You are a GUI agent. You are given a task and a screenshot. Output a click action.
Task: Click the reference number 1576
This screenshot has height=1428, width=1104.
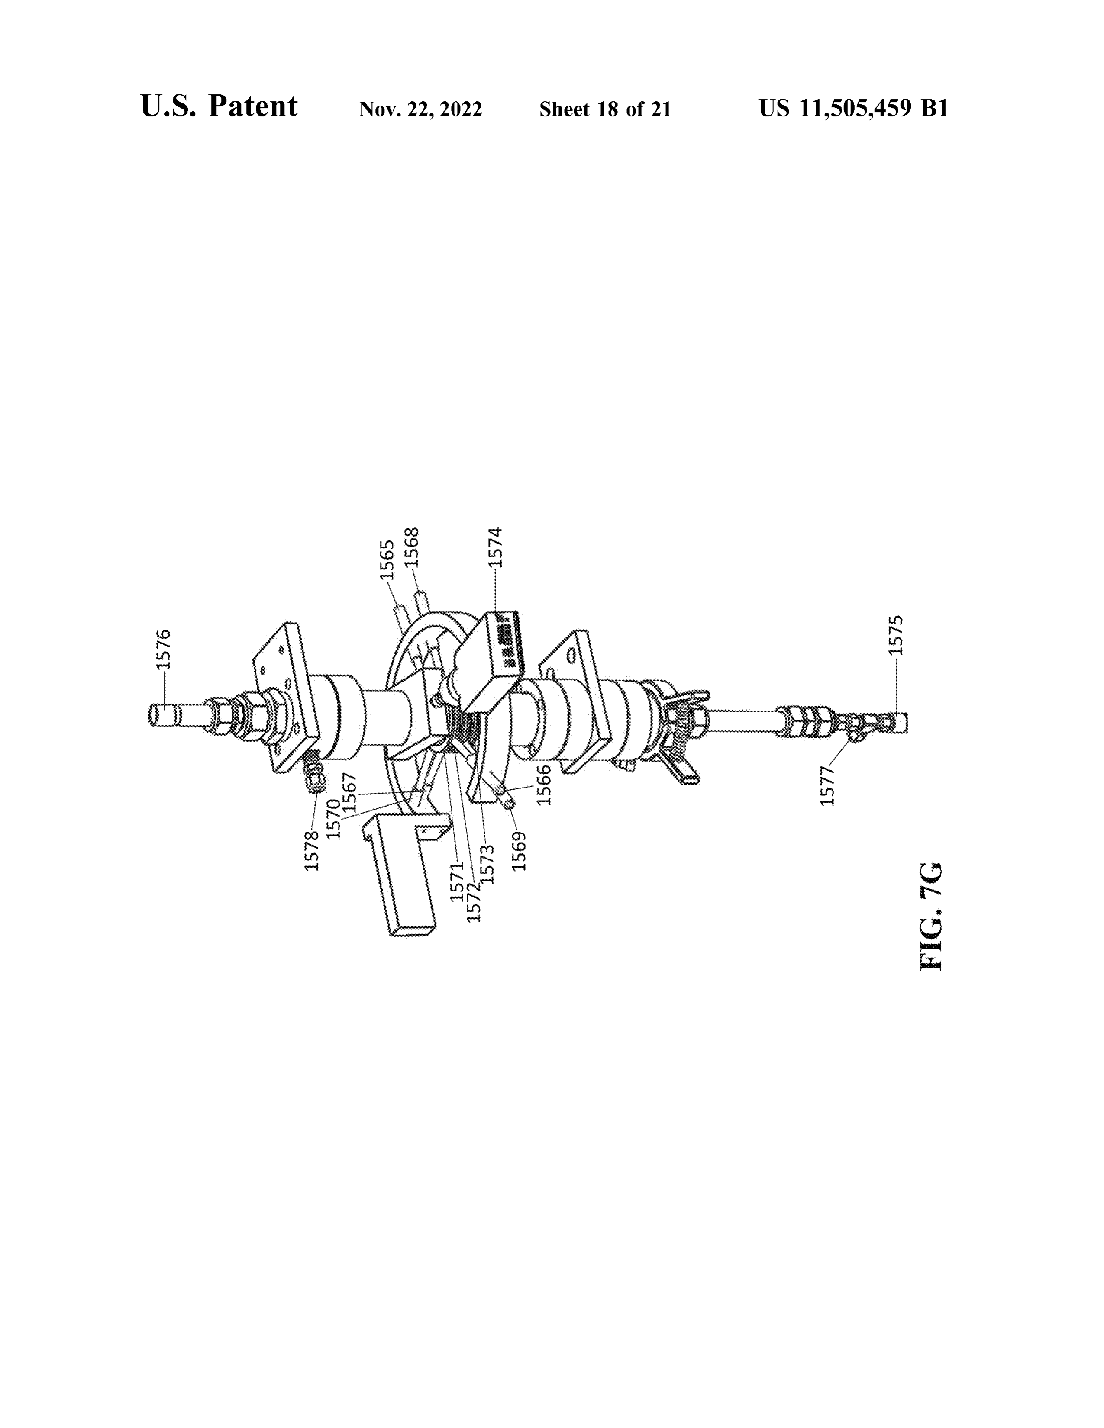coord(164,649)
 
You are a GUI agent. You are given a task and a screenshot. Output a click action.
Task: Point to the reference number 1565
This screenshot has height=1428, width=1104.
coord(387,560)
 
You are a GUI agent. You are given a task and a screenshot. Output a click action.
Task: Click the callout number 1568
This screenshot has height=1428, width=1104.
coord(411,547)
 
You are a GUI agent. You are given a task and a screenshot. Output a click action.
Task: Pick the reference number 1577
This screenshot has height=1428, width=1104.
coord(828,786)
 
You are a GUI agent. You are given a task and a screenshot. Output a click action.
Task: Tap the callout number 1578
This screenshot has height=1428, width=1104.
coord(312,850)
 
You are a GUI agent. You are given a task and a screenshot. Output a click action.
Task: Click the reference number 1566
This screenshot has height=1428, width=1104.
coord(543,785)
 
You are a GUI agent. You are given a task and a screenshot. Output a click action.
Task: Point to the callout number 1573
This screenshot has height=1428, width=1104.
coord(487,865)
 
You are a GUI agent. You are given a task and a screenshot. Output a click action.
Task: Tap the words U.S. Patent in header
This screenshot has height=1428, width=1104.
coord(219,106)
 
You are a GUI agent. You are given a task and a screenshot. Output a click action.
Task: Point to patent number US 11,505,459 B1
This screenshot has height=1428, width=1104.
coord(853,108)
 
